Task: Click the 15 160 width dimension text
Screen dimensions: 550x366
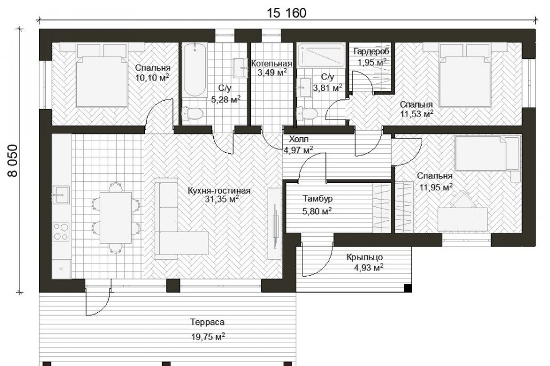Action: coord(286,13)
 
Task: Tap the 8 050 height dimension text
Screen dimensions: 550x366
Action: coord(13,160)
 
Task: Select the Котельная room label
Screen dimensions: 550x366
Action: coord(272,63)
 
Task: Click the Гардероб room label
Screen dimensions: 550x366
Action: coord(371,51)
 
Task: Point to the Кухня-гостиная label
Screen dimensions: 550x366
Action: coord(219,191)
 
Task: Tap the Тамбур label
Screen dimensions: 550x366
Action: coord(318,198)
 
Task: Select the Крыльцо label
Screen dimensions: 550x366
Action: coord(364,257)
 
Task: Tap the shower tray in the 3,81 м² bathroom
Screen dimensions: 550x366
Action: coord(321,55)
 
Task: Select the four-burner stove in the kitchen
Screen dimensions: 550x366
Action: coord(61,232)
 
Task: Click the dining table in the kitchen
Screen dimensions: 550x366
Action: coord(116,217)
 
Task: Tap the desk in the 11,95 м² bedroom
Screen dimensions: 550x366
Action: coord(463,219)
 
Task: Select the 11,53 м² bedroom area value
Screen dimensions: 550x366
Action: coord(417,113)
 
